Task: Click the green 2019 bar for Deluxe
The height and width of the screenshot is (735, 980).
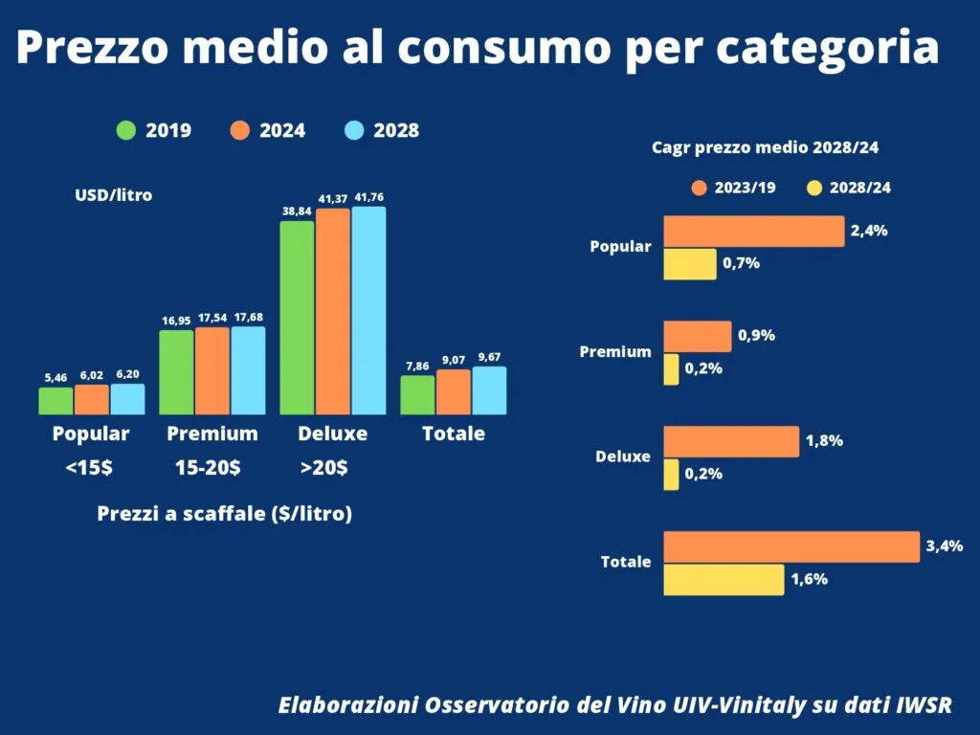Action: (297, 318)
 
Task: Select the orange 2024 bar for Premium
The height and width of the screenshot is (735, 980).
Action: (212, 370)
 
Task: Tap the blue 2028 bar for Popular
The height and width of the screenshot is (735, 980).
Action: (127, 399)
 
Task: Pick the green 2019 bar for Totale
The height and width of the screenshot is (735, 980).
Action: (417, 394)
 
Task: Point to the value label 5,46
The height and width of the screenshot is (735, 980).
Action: (56, 378)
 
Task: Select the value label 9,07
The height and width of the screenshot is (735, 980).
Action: (454, 361)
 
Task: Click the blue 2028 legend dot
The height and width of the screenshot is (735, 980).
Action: (354, 130)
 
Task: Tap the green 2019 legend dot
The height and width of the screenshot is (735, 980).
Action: (126, 130)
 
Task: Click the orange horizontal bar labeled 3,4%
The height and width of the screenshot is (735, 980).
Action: (791, 546)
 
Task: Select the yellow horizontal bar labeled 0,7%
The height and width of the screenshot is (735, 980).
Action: (689, 264)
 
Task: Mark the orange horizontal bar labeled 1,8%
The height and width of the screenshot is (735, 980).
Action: (730, 441)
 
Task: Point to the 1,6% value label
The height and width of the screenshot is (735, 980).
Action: (809, 579)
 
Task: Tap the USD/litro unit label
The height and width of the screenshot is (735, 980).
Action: (114, 195)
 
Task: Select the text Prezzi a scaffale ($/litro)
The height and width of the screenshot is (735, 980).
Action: (225, 514)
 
